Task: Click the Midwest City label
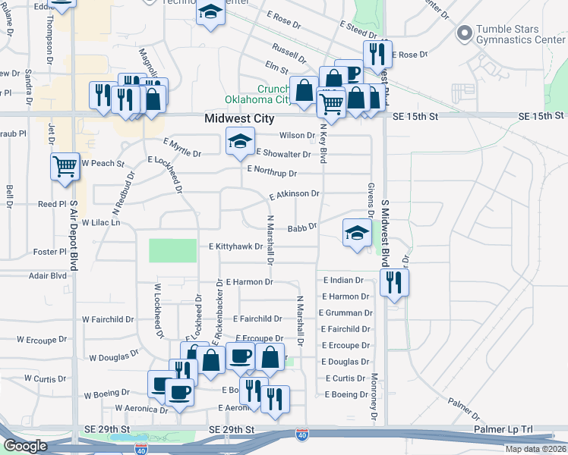[x=238, y=119]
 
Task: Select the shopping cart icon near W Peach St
[x=65, y=166]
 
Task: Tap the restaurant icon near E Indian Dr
[x=394, y=283]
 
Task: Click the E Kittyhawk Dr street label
[x=235, y=246]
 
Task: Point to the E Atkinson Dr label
[x=294, y=194]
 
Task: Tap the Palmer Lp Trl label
[x=503, y=430]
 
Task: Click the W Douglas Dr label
[x=114, y=355]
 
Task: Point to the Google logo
[x=25, y=446]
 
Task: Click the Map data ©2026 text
[x=535, y=449]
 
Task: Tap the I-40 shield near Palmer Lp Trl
[x=302, y=434]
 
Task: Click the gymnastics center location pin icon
[x=463, y=33]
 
